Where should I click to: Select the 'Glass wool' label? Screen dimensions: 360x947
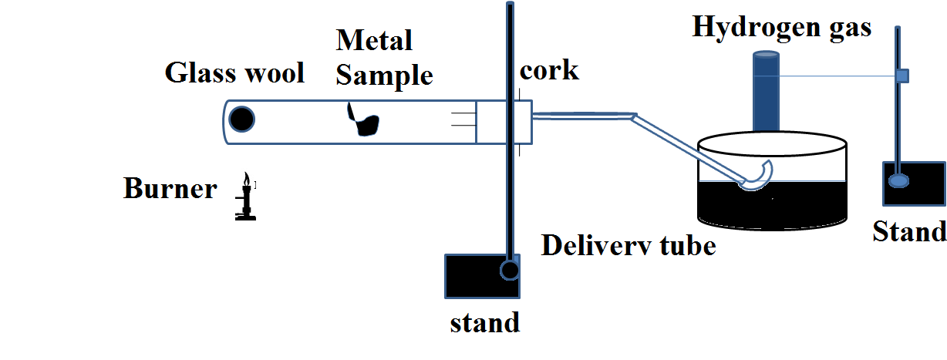(x=234, y=73)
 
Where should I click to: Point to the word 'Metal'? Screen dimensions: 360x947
(x=376, y=40)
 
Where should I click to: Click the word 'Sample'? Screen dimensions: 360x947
(x=384, y=75)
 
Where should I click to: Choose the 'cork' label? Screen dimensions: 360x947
(x=549, y=71)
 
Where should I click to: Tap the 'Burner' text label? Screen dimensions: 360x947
(x=170, y=189)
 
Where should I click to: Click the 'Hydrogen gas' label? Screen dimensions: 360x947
(x=782, y=27)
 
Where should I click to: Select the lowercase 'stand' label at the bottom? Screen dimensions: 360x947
(x=484, y=322)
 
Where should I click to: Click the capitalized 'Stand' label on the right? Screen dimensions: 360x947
(x=909, y=230)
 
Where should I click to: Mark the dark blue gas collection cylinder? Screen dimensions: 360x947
(x=767, y=93)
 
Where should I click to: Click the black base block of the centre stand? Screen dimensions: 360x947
(x=470, y=276)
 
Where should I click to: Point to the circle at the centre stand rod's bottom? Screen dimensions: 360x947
(x=510, y=270)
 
